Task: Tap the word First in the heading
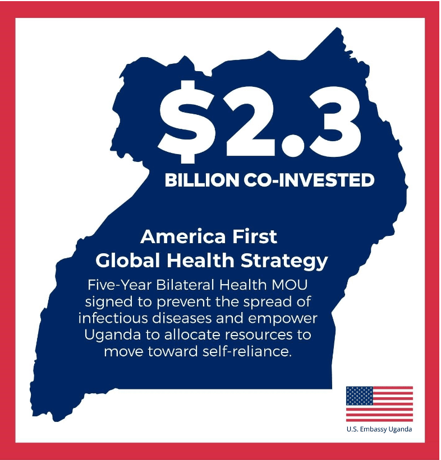point(253,236)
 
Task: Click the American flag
point(379,403)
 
